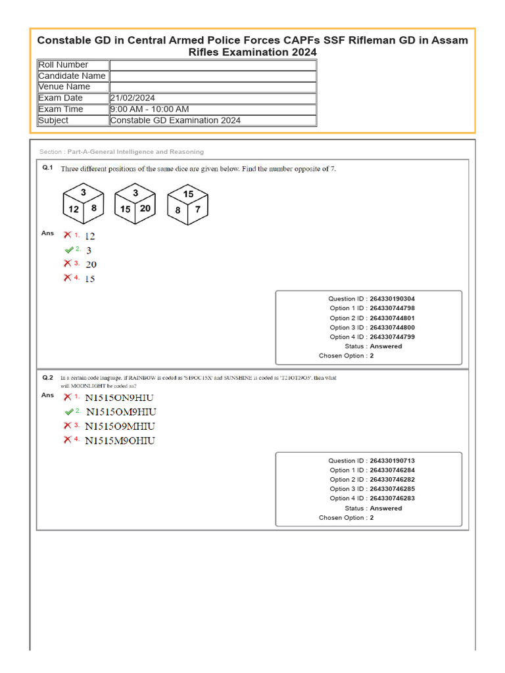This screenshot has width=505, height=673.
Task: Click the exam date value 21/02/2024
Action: [133, 98]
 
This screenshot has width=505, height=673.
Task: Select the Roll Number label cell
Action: [63, 64]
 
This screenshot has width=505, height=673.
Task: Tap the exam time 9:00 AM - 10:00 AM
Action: [150, 109]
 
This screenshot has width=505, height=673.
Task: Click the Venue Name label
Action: [64, 87]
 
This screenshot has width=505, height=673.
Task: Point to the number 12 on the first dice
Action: [74, 209]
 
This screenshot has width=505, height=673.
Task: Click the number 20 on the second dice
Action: [145, 208]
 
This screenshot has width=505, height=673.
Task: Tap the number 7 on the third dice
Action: [197, 209]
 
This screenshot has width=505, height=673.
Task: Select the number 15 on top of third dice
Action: [188, 194]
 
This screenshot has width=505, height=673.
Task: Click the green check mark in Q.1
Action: [69, 250]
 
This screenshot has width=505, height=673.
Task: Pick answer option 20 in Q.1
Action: [91, 264]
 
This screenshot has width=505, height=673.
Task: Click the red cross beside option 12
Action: [67, 235]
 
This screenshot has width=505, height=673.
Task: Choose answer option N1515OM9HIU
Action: [121, 412]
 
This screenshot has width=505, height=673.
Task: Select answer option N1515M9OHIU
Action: [120, 440]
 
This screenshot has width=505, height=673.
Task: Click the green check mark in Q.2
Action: [69, 412]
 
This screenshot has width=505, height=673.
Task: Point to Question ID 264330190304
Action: [392, 298]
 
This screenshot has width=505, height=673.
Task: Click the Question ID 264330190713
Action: [392, 461]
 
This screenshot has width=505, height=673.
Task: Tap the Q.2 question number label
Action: [47, 378]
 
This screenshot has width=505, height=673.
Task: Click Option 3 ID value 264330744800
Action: [392, 327]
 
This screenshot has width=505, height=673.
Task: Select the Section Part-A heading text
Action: [122, 152]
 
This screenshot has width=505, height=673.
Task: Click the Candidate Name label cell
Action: [72, 76]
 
